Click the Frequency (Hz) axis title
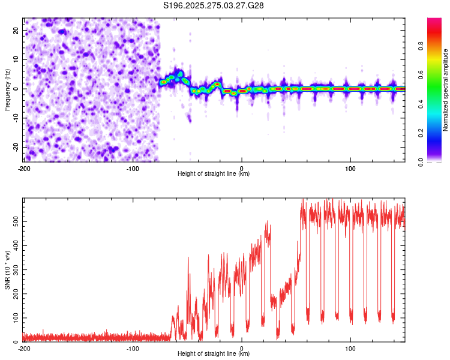[7, 90]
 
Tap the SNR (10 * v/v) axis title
[7, 270]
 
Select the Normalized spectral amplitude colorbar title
[445, 90]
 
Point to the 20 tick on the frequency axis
[16, 30]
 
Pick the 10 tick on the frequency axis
[16, 59]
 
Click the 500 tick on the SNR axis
[14, 223]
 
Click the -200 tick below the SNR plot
[24, 348]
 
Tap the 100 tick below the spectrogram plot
[350, 168]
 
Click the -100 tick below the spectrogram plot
[133, 168]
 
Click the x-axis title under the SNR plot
[214, 354]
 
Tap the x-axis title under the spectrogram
[214, 174]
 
